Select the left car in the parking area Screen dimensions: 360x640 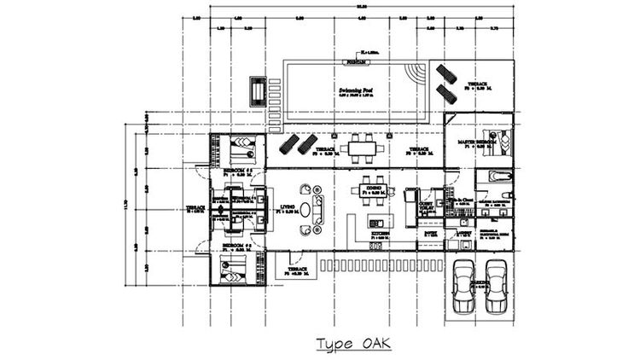(463, 287)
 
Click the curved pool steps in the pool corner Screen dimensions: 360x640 (416, 71)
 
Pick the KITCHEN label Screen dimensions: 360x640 (381, 232)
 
